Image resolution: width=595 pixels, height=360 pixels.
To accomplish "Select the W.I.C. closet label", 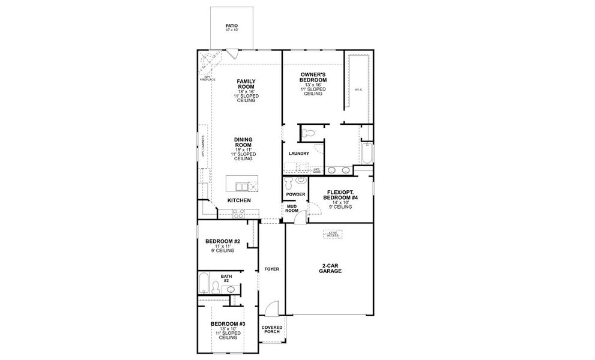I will tap(358, 90).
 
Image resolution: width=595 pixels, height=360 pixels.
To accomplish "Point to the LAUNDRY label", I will tap(298, 154).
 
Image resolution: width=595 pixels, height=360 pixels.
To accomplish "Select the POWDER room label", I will tap(295, 194).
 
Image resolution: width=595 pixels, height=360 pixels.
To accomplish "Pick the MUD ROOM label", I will tap(292, 209).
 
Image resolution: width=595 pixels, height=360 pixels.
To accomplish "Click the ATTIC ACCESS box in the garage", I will tap(333, 234).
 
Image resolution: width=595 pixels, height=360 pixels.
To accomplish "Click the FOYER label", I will tap(272, 269).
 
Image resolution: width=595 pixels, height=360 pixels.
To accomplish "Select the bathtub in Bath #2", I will tap(204, 284).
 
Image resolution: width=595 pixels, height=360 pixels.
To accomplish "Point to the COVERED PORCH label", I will tap(272, 329).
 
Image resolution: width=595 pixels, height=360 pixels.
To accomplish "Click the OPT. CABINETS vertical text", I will tap(204, 146).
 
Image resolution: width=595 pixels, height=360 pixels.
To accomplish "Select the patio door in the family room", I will tap(233, 53).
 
